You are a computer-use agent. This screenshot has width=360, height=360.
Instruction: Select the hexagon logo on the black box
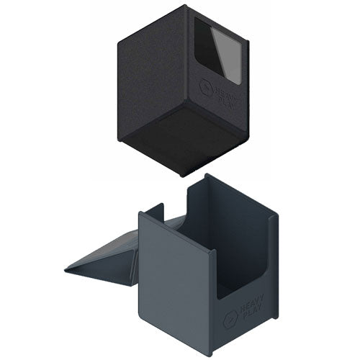206,86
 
